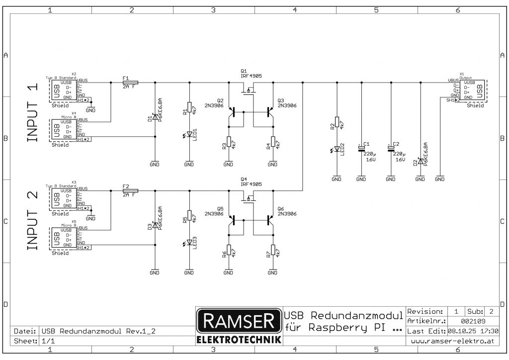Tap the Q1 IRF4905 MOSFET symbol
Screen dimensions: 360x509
point(248,90)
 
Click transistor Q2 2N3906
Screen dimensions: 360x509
point(232,112)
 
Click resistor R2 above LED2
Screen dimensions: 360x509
point(337,122)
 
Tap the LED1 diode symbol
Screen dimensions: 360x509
point(189,134)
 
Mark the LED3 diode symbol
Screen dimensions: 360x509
point(189,243)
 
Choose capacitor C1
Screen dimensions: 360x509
point(361,149)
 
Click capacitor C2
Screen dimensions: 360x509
point(391,149)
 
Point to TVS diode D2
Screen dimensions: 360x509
point(421,162)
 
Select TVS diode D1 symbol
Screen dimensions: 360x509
point(155,117)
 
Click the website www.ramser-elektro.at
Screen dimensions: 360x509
point(452,341)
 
